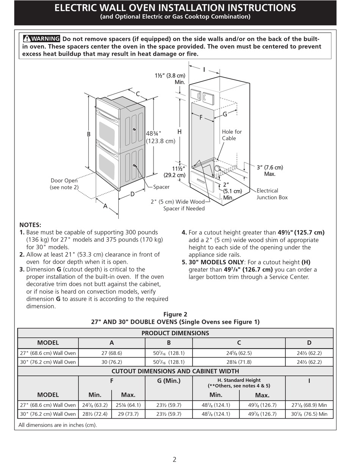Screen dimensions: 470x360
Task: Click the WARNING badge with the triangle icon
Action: point(41,39)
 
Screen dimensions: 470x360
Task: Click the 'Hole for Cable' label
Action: point(232,135)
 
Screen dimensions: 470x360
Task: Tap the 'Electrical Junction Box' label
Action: point(272,194)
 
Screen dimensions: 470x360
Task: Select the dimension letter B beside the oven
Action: point(88,134)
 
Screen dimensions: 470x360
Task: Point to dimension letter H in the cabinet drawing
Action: point(179,132)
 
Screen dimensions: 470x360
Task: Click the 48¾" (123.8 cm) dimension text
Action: point(160,137)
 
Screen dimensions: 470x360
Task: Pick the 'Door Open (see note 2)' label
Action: point(64,184)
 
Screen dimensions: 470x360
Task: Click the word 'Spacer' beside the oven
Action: point(161,187)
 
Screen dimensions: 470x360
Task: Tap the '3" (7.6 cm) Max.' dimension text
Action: point(269,170)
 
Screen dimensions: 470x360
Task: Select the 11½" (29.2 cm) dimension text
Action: point(175,172)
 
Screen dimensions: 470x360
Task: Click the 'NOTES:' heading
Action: point(30,225)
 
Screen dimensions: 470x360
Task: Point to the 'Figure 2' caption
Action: point(175,314)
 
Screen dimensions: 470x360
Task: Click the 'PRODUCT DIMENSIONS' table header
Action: point(175,333)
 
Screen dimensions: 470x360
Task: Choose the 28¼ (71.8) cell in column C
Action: point(239,362)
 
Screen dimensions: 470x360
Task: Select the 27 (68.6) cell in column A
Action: point(111,353)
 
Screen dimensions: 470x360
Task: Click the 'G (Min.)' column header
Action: point(169,381)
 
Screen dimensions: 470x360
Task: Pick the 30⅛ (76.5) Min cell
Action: point(309,414)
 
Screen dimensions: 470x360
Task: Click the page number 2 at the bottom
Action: point(175,460)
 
